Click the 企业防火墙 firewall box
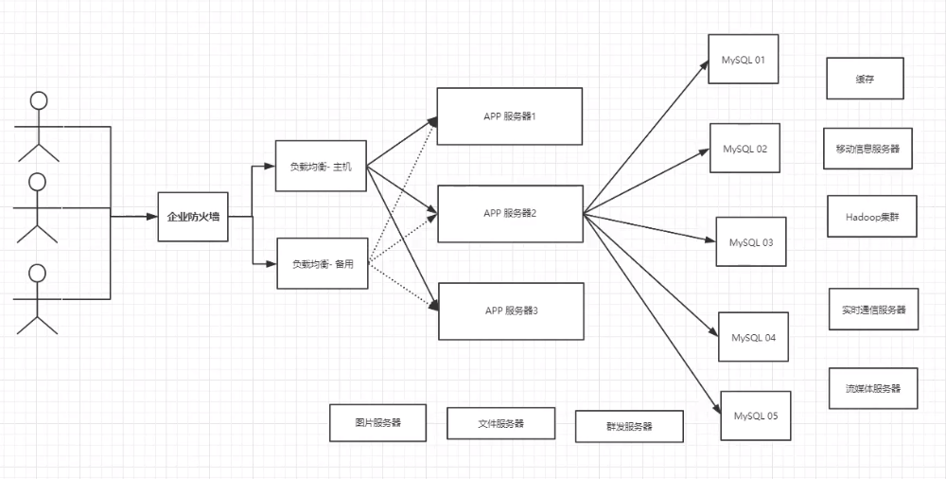[193, 217]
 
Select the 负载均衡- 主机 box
[321, 166]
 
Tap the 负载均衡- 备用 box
[321, 264]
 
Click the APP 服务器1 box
[509, 116]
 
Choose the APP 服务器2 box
[509, 213]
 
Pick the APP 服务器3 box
[509, 310]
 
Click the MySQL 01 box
[743, 60]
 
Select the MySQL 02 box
[745, 149]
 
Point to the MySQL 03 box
[751, 242]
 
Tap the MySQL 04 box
[754, 338]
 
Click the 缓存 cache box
[865, 80]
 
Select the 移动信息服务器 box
[867, 149]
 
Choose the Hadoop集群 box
[867, 217]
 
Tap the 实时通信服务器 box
[873, 309]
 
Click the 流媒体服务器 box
[873, 388]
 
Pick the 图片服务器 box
[377, 422]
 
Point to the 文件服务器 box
[500, 423]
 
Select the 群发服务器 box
[628, 426]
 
